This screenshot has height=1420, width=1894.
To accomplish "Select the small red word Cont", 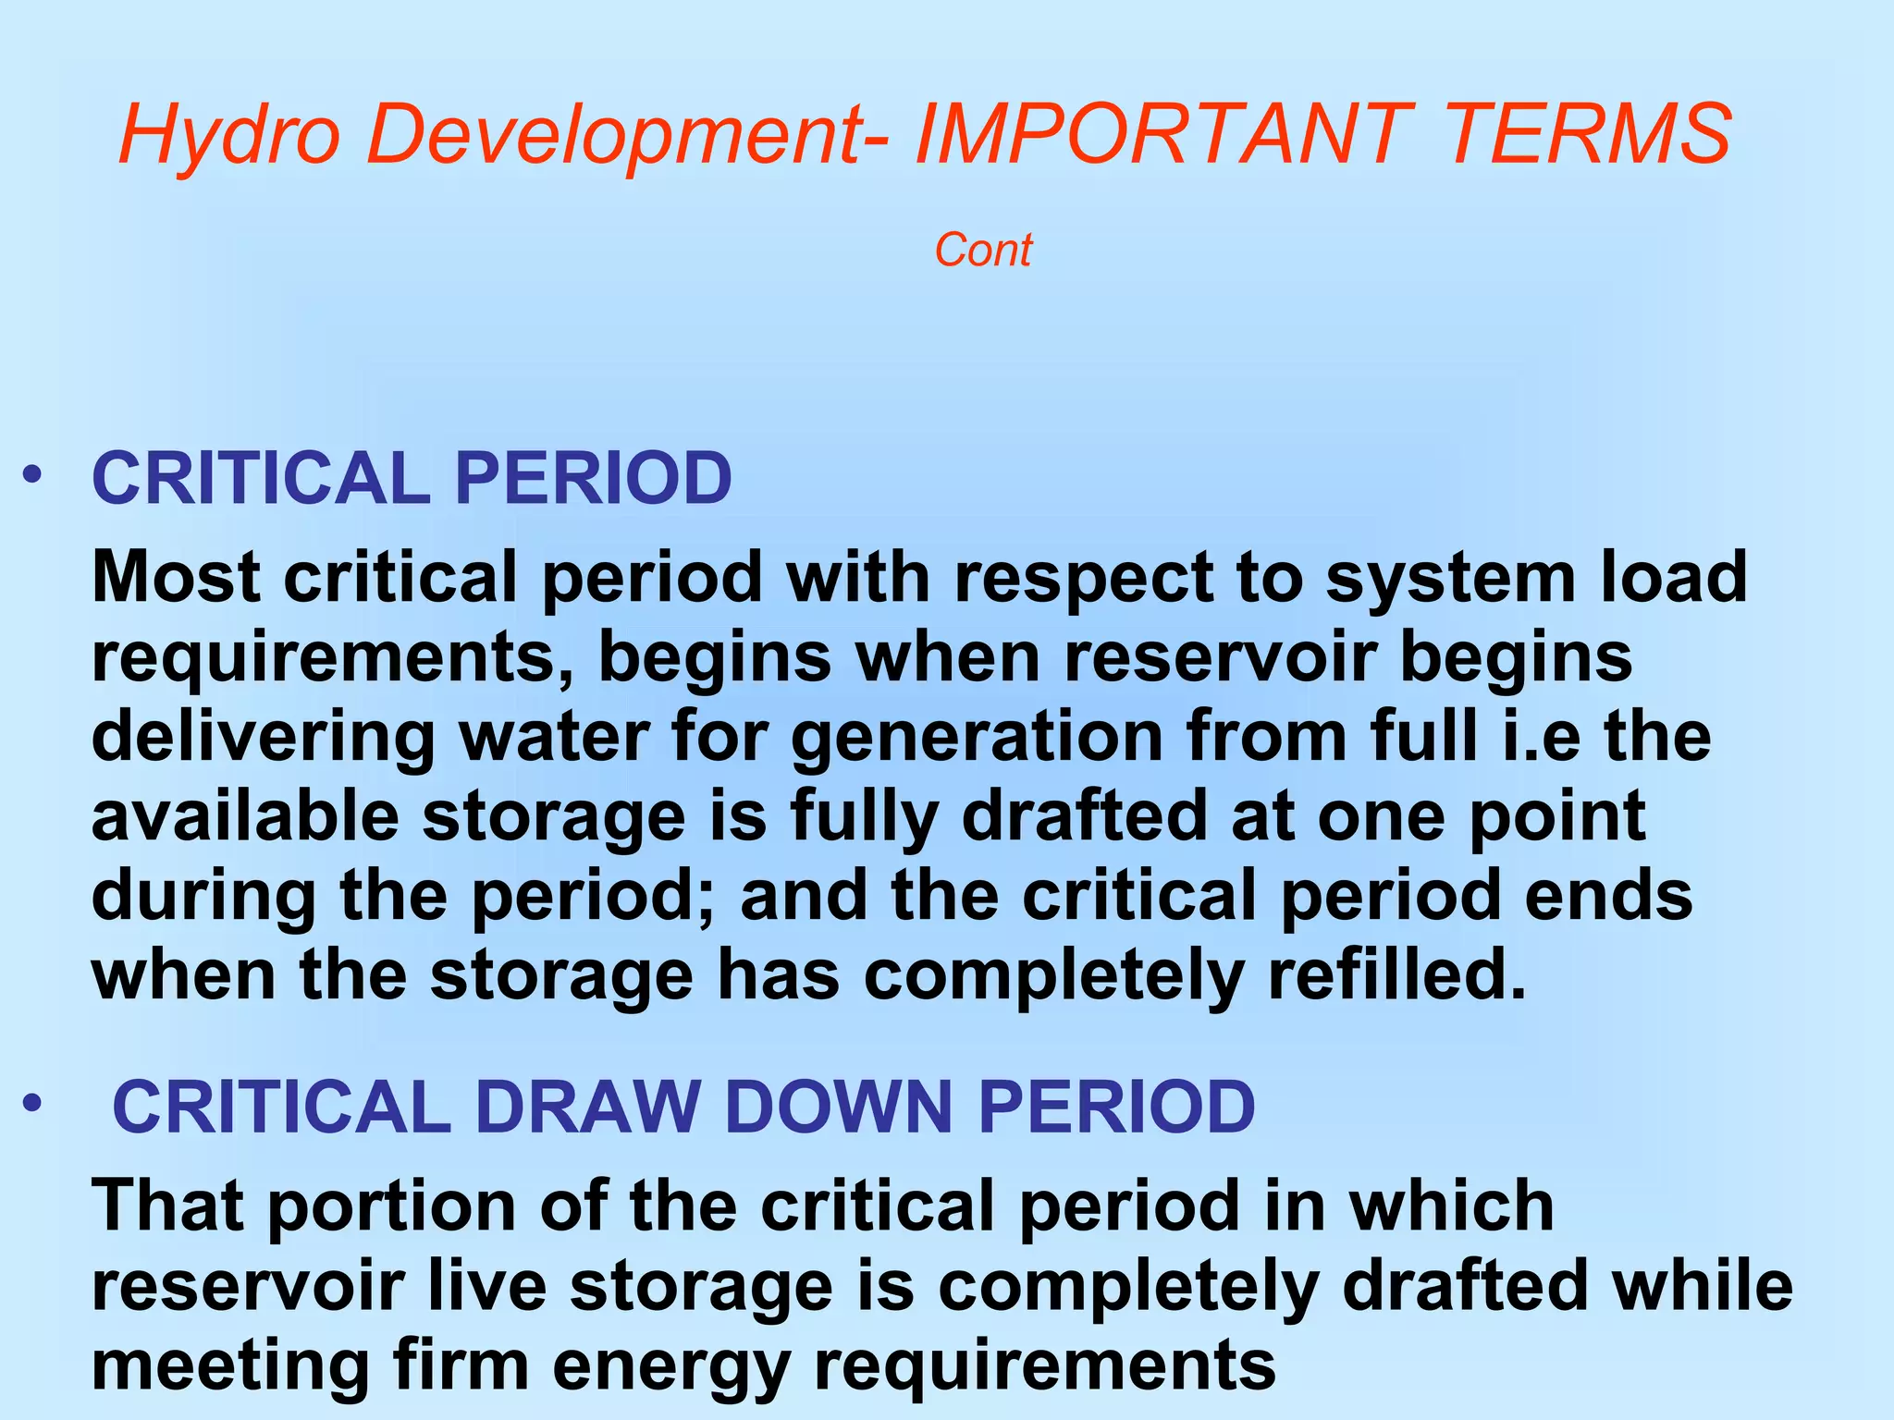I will click(983, 251).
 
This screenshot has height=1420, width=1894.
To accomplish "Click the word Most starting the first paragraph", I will click(176, 577).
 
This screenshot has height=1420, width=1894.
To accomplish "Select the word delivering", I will click(264, 738).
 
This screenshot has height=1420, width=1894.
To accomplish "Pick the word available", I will click(245, 816).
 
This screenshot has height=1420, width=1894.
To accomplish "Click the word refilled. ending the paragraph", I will click(1396, 976).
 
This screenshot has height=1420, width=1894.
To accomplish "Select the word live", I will click(486, 1286).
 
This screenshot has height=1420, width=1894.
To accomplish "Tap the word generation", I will click(977, 738).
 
